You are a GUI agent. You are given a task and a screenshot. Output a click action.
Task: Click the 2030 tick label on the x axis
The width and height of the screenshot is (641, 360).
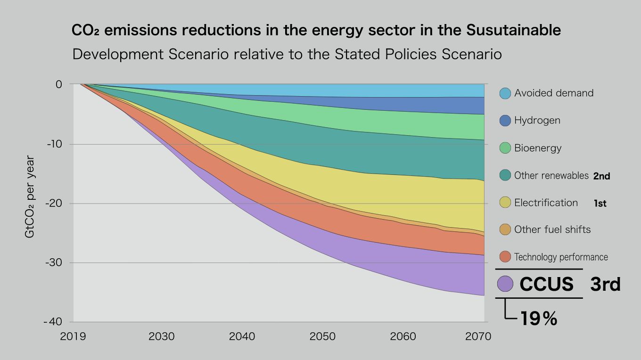click(161, 336)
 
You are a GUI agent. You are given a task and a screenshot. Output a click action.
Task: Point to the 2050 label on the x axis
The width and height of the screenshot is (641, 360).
click(323, 336)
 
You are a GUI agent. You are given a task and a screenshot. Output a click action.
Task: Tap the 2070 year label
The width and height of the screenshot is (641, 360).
click(478, 336)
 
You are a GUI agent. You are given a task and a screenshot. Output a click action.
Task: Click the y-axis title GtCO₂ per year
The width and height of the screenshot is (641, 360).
click(30, 196)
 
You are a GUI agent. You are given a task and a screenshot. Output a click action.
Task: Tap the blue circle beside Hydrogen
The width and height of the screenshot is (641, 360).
click(505, 121)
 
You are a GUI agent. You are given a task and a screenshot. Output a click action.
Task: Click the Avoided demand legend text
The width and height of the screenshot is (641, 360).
click(554, 93)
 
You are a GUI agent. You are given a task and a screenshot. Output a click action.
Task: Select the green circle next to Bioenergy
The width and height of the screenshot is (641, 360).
click(505, 148)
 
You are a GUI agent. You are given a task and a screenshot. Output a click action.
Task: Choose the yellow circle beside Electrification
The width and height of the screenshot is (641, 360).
click(505, 203)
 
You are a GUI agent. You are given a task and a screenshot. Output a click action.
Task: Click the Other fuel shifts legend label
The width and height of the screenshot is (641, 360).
click(552, 229)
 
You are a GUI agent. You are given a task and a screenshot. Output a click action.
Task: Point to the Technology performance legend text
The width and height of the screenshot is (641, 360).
click(561, 257)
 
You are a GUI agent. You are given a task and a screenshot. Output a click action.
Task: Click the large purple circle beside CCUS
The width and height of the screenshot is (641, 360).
click(505, 284)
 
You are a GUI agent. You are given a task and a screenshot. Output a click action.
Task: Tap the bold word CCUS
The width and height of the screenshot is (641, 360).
click(546, 284)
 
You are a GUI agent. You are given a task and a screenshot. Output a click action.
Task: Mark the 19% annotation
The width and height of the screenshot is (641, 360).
click(539, 319)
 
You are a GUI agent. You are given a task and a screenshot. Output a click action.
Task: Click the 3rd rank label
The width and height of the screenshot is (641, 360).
click(605, 284)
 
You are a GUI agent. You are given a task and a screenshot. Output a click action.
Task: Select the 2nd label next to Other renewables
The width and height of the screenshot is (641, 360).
click(601, 176)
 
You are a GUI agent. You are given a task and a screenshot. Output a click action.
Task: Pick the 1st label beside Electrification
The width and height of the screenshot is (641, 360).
click(600, 204)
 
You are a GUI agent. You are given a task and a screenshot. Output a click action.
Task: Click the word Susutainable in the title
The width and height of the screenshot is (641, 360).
click(513, 31)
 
